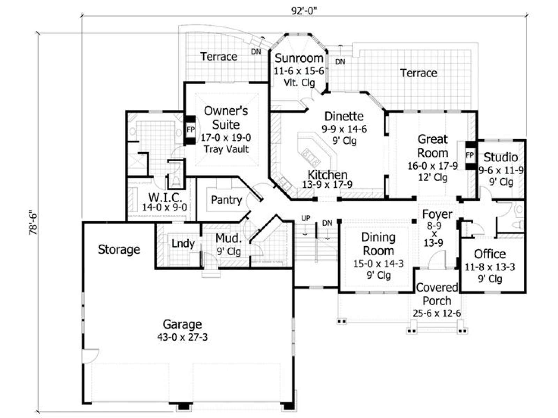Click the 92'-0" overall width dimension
[x=304, y=11]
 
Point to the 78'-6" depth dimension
[x=33, y=222]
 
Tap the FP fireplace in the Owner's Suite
[x=190, y=130]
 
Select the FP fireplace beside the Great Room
[x=469, y=155]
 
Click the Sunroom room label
[x=299, y=59]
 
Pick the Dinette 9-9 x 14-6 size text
[x=345, y=129]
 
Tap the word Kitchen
[x=327, y=175]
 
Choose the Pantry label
[x=226, y=200]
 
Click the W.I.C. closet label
[x=165, y=197]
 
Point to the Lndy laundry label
[x=183, y=243]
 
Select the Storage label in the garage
[x=119, y=250]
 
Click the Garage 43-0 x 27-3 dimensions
[x=182, y=337]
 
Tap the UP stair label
[x=306, y=218]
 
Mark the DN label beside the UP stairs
[x=327, y=223]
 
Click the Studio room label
[x=501, y=157]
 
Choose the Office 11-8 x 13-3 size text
[x=490, y=267]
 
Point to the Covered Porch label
[x=437, y=294]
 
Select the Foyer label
[x=437, y=215]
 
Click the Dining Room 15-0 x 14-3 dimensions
[x=378, y=263]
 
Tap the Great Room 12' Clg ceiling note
[x=433, y=177]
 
